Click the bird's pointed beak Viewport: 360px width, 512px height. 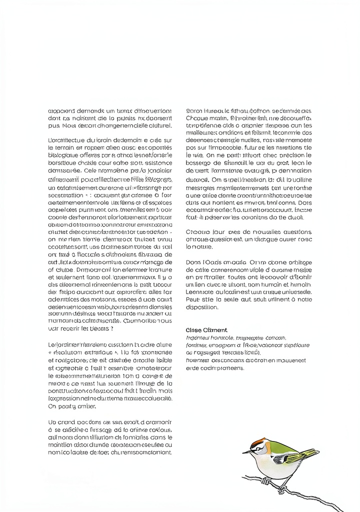[x=245, y=451]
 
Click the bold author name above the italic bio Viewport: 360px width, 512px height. [x=206, y=330]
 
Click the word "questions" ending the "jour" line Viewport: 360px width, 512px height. [x=297, y=232]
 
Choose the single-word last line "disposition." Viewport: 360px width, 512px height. [x=201, y=307]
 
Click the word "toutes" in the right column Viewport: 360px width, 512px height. [x=232, y=276]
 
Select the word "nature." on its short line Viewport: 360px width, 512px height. [x=196, y=247]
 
